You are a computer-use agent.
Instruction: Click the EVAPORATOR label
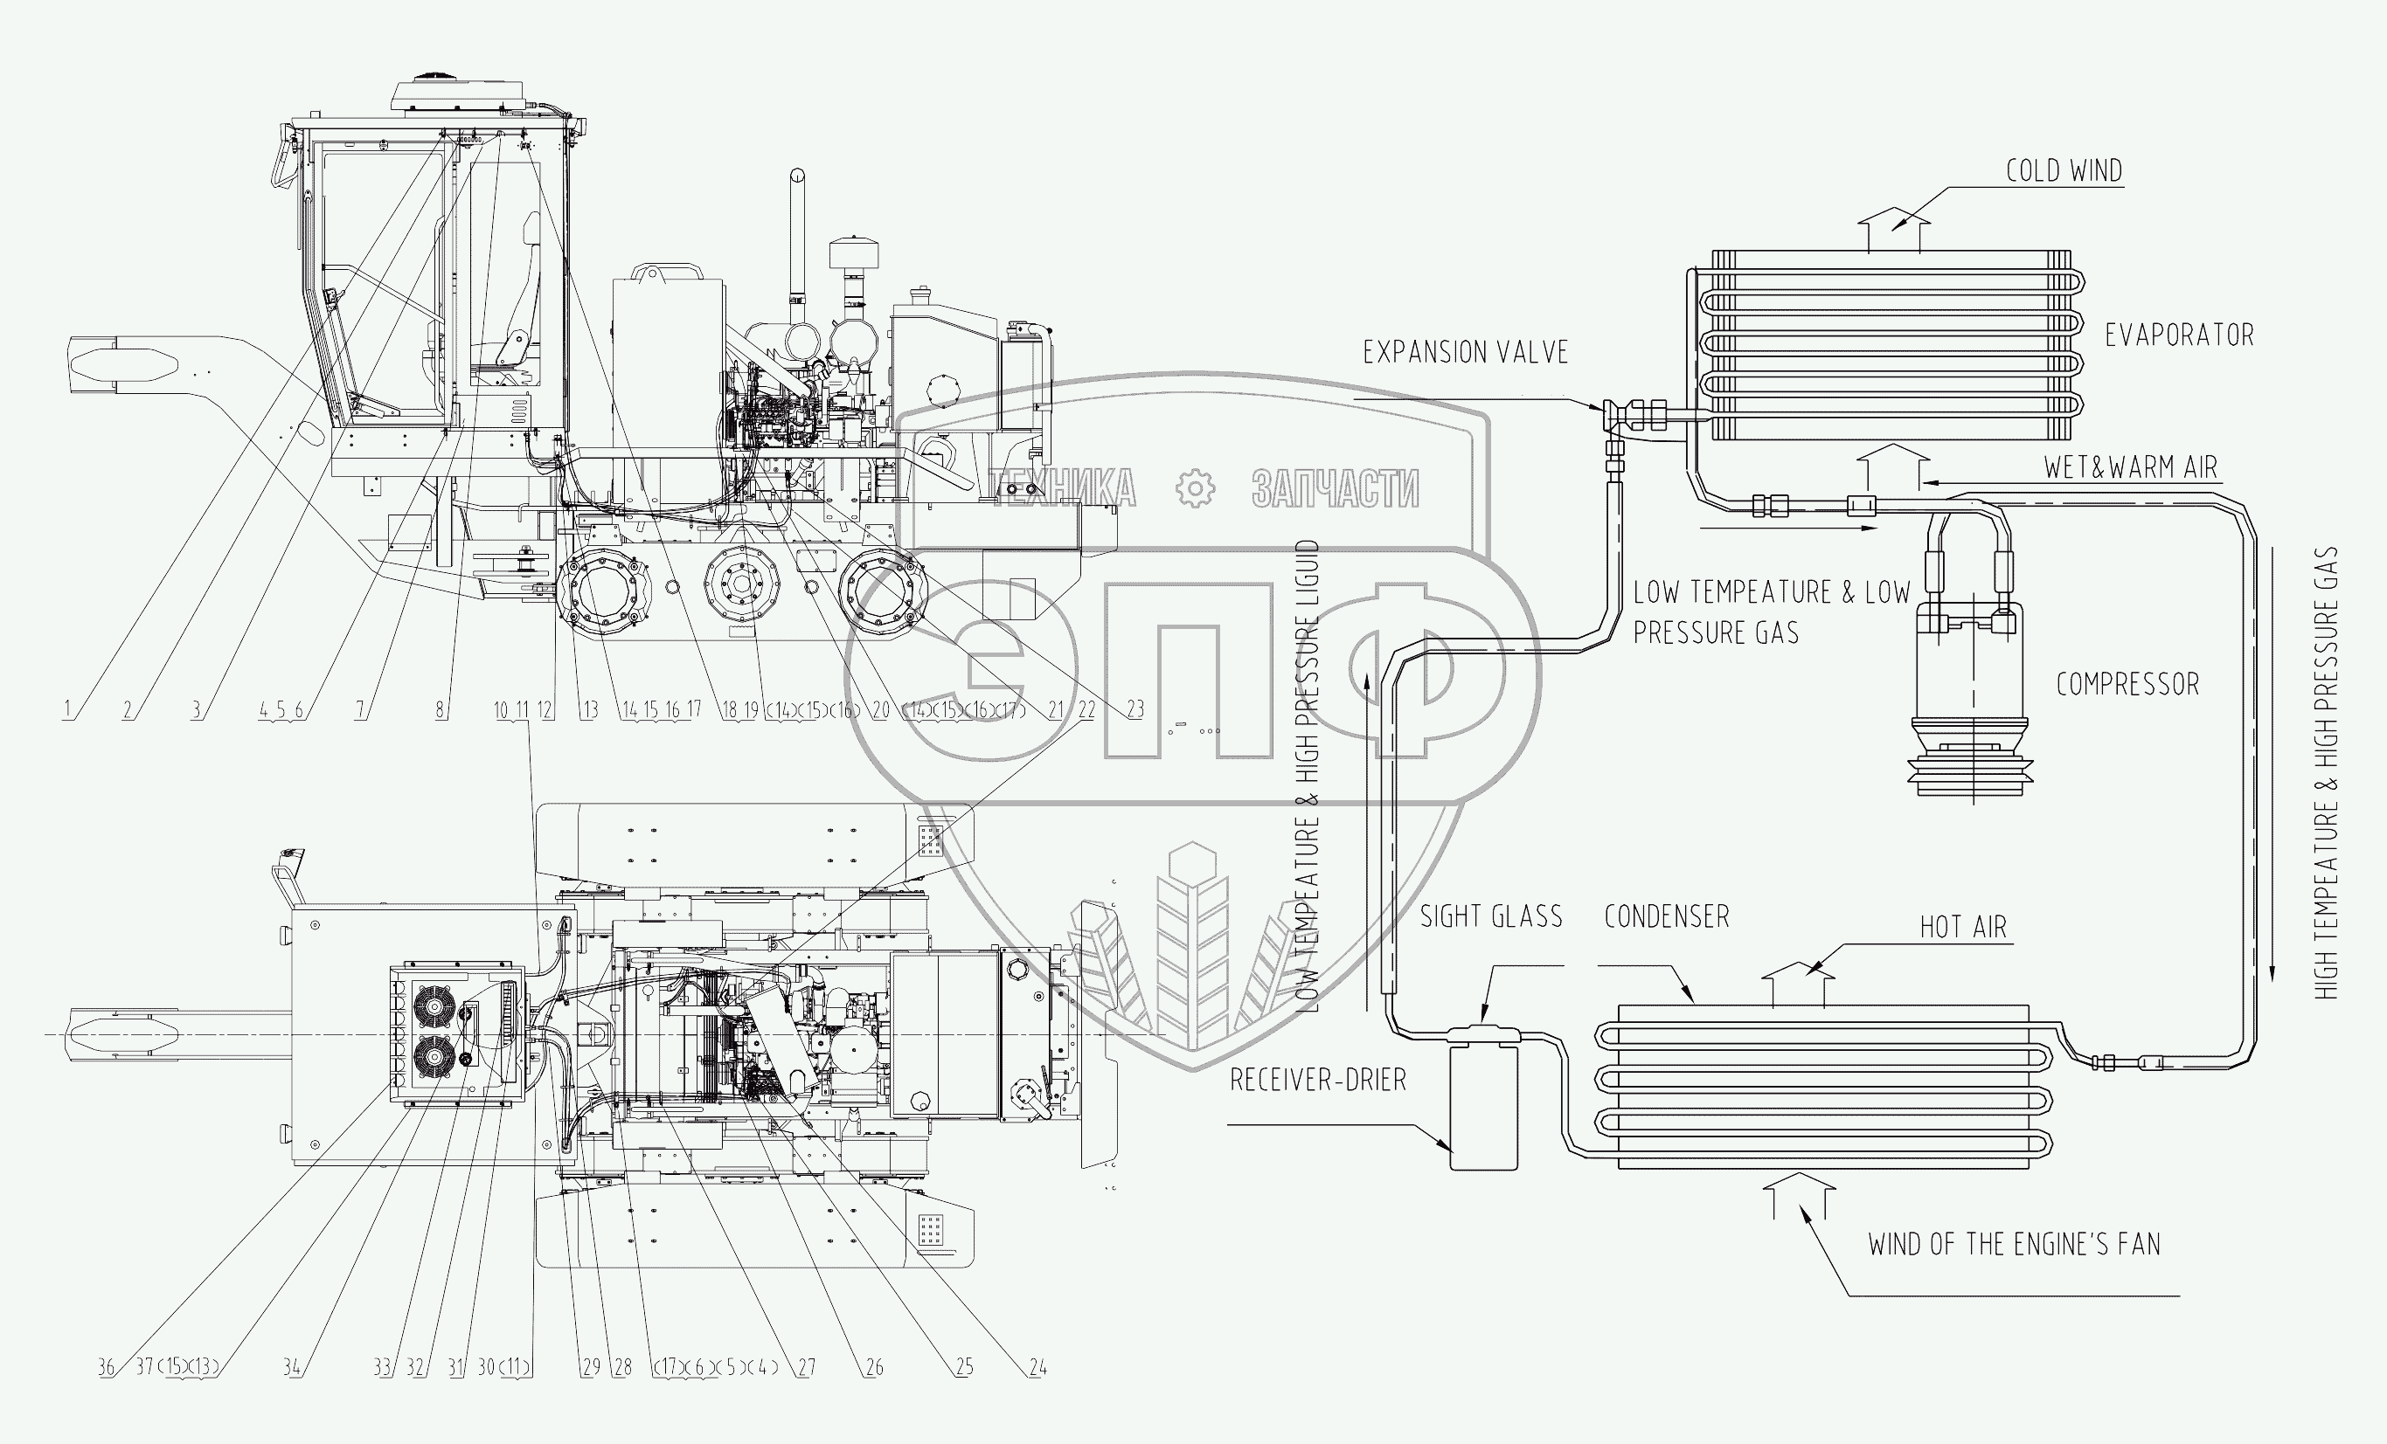[2179, 336]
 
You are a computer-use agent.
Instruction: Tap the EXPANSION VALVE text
[1465, 353]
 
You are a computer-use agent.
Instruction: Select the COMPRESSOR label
[2127, 685]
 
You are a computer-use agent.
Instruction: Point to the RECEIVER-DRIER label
[1317, 1080]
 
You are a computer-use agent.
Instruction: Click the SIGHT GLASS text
[1491, 916]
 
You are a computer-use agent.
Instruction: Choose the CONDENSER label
[1666, 916]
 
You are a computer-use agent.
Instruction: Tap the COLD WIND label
[2064, 171]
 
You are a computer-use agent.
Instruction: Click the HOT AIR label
[1964, 928]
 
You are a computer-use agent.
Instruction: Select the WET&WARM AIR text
[2130, 467]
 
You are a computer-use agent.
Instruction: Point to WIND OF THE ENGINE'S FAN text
[2014, 1245]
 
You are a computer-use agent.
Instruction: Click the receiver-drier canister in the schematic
[1483, 1105]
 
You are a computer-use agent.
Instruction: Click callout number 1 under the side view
[66, 710]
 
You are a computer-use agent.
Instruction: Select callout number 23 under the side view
[1135, 710]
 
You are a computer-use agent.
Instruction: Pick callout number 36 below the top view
[106, 1367]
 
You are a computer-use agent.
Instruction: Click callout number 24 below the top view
[1037, 1367]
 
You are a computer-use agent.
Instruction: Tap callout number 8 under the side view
[441, 710]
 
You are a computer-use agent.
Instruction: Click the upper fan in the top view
[433, 1006]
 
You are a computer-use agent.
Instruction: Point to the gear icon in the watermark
[1195, 489]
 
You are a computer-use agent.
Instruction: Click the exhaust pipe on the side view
[797, 232]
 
